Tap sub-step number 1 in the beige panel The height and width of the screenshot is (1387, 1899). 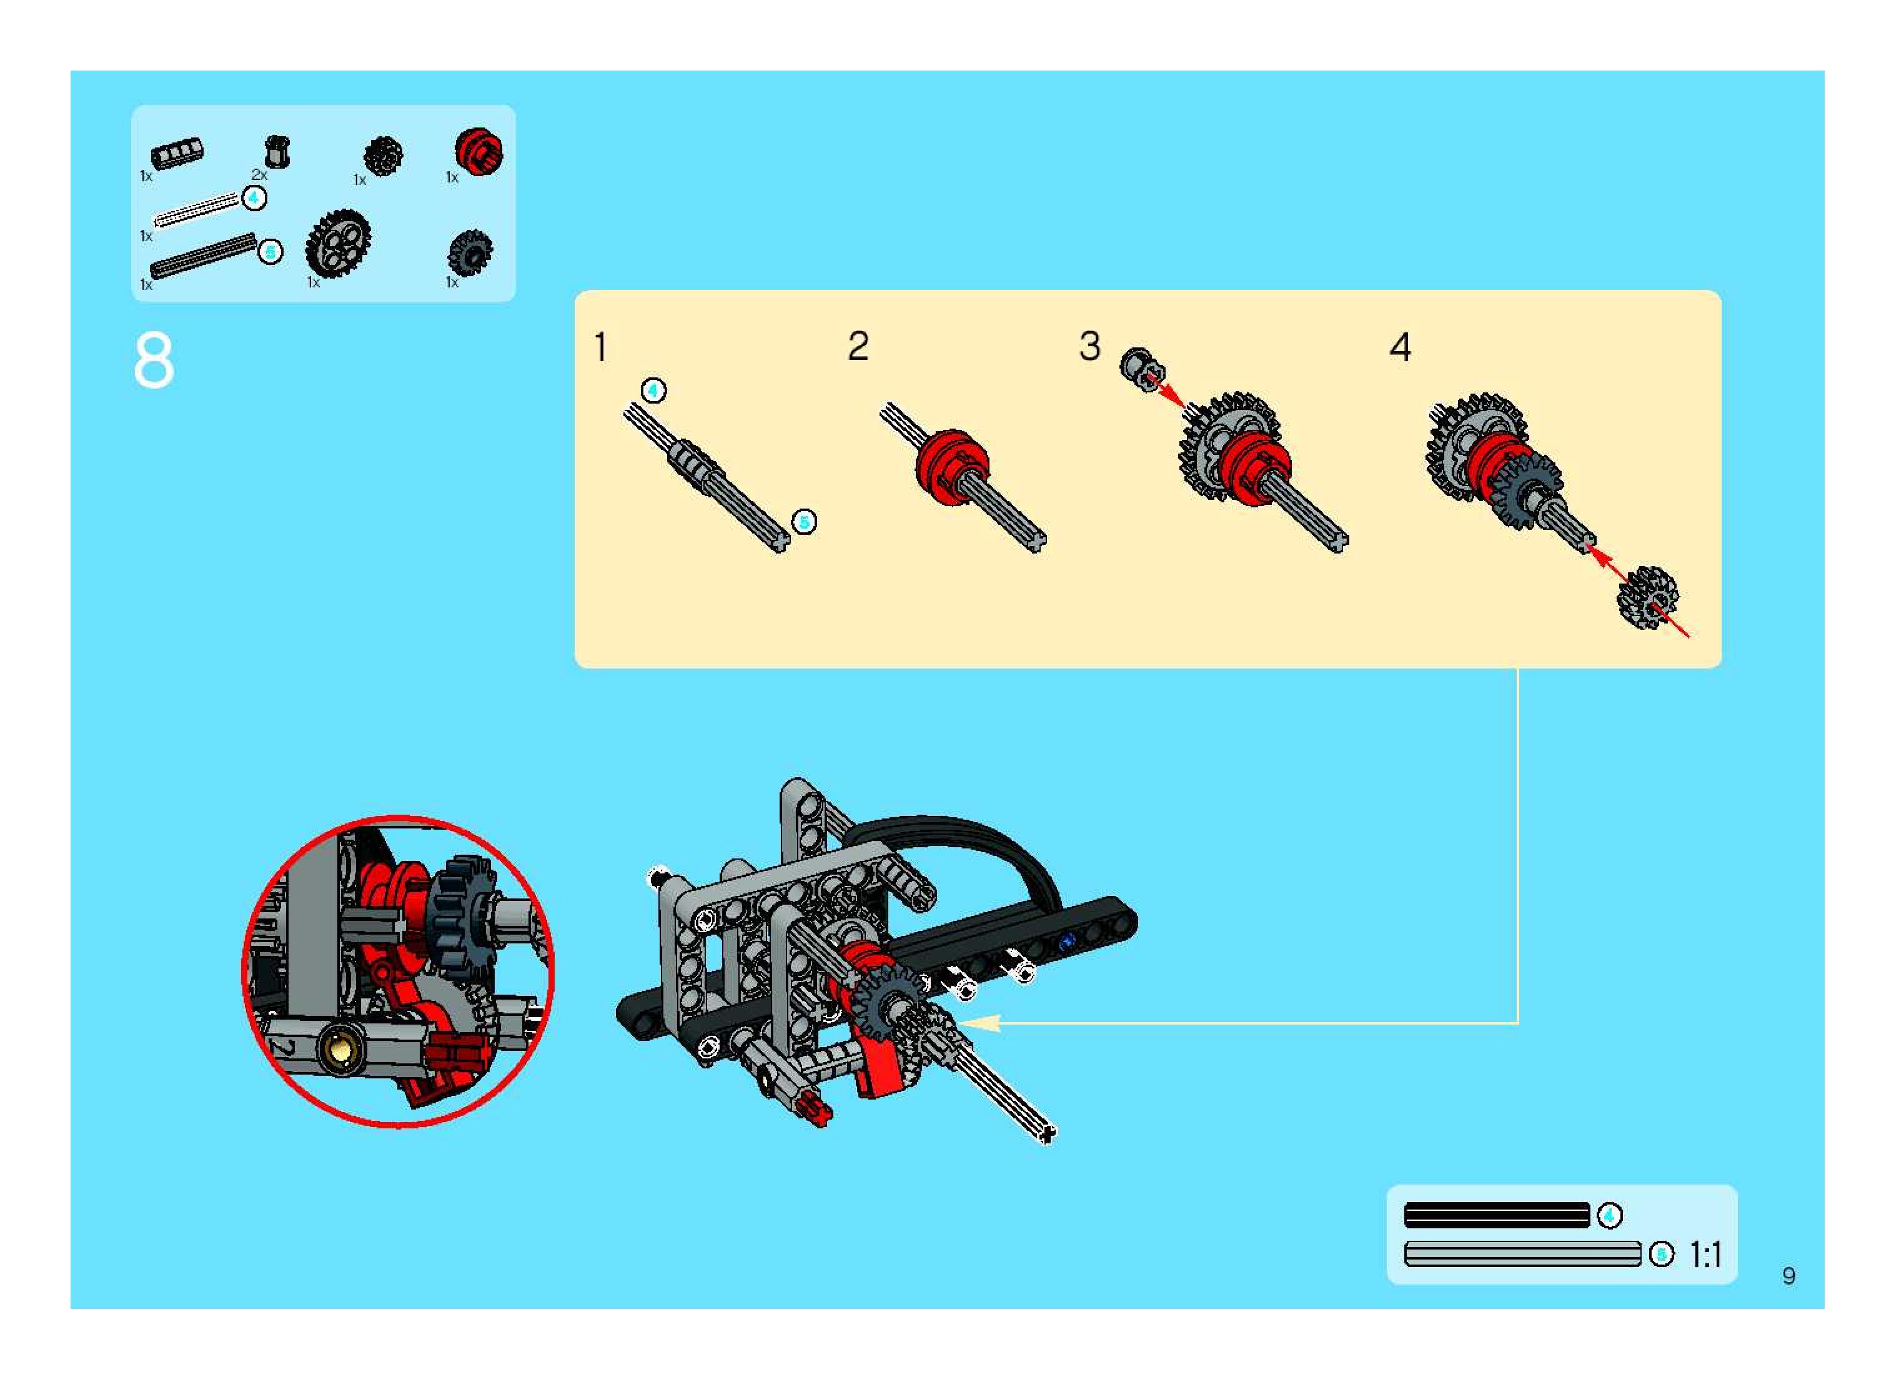[x=600, y=347]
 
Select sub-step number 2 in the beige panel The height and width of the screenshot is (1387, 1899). [x=858, y=346]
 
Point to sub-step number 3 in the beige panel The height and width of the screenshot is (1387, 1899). [x=1089, y=346]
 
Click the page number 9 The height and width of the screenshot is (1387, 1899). [x=1789, y=1276]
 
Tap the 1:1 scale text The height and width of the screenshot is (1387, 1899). [x=1705, y=1255]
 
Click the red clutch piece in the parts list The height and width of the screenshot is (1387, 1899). [x=478, y=152]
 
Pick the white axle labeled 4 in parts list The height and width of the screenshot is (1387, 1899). [x=197, y=210]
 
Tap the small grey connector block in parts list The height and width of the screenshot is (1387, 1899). [x=176, y=154]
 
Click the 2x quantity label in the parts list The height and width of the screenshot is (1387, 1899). [x=259, y=175]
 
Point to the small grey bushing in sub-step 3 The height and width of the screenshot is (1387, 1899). [x=1139, y=367]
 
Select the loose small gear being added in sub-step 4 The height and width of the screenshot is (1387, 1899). [x=1647, y=597]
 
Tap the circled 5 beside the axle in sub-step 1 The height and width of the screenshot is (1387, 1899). [x=804, y=522]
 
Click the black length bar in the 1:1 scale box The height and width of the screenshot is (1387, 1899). [x=1497, y=1215]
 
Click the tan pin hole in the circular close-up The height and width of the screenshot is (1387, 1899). [x=341, y=1050]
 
